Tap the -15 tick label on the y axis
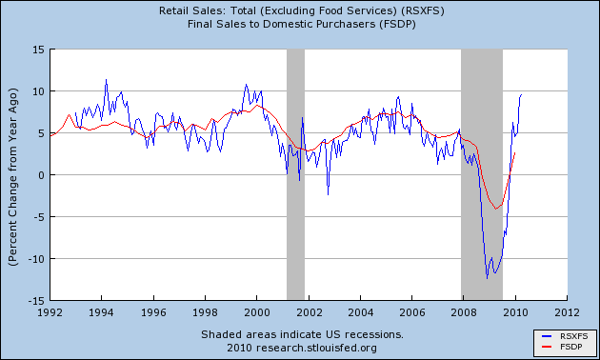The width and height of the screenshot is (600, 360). tap(35, 300)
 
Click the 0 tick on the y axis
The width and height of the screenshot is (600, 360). tap(41, 175)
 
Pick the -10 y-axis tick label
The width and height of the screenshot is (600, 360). tap(35, 258)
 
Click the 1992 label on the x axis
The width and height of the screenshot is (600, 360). tap(50, 311)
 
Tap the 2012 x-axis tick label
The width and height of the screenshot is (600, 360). tap(566, 311)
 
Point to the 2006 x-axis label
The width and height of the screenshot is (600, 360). tap(411, 311)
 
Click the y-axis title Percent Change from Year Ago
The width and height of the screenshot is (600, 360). tap(14, 175)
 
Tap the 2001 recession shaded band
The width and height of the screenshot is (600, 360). tap(295, 171)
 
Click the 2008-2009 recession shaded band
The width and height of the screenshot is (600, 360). tap(482, 171)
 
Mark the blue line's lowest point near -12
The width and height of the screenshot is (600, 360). tap(487, 278)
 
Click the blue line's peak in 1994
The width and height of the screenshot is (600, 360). tap(106, 80)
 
